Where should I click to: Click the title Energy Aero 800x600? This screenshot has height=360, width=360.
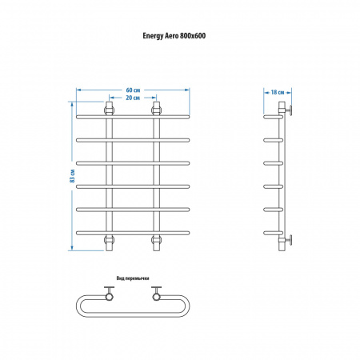point(174,36)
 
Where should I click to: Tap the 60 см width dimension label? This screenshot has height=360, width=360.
point(133,90)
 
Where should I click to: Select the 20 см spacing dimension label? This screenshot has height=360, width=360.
point(133,98)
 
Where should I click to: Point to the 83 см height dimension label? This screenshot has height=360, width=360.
point(72,176)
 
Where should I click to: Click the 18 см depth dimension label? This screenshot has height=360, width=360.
point(278,92)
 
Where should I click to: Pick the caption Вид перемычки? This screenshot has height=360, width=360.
point(133,278)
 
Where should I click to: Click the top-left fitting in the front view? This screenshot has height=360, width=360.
point(109,110)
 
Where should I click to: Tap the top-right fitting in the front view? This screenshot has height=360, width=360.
point(157,110)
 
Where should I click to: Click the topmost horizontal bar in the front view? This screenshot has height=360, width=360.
point(133,117)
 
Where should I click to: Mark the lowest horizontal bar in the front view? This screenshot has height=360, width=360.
point(133,233)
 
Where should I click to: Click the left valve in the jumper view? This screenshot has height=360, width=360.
point(109,294)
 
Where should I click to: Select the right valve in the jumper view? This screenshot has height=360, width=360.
point(157,294)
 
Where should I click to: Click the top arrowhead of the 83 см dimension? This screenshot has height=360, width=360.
point(71,103)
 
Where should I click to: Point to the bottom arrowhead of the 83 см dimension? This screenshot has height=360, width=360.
point(71,248)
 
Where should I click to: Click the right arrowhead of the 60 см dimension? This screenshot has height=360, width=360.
point(187,90)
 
